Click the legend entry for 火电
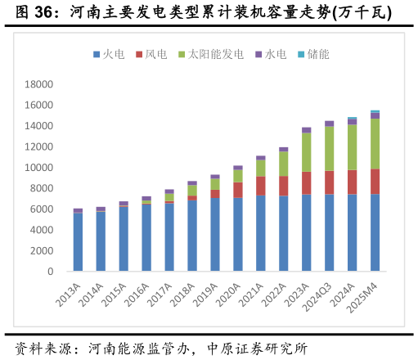(x=108, y=55)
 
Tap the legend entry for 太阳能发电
(x=210, y=55)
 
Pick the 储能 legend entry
(x=312, y=55)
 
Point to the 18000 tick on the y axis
(x=38, y=84)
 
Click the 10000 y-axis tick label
(x=38, y=168)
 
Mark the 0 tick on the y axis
(x=50, y=272)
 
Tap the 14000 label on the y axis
(x=38, y=126)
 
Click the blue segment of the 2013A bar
(x=78, y=242)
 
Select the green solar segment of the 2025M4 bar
(x=375, y=144)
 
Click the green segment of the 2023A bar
(x=306, y=152)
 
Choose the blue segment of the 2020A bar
(x=237, y=234)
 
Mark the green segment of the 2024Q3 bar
(x=329, y=149)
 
